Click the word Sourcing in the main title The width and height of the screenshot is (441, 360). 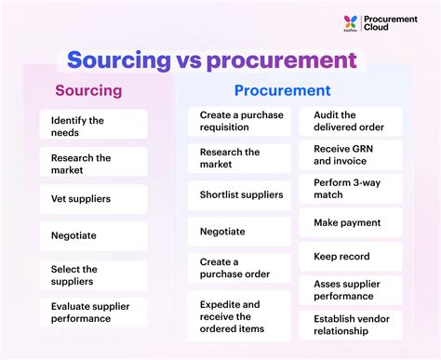(x=116, y=60)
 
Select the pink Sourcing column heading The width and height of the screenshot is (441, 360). (x=88, y=91)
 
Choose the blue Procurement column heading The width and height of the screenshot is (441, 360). (x=282, y=91)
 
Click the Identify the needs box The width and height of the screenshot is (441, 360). (x=93, y=126)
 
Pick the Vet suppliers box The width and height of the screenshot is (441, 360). (x=93, y=198)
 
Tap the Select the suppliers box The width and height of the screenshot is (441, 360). (x=93, y=274)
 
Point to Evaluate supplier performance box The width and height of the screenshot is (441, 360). (x=93, y=312)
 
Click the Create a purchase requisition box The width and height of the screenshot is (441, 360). (x=239, y=121)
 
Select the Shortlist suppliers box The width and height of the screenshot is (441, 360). (x=239, y=195)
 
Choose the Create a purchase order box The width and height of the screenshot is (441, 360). (x=239, y=268)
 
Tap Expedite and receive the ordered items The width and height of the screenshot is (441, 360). (x=239, y=316)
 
